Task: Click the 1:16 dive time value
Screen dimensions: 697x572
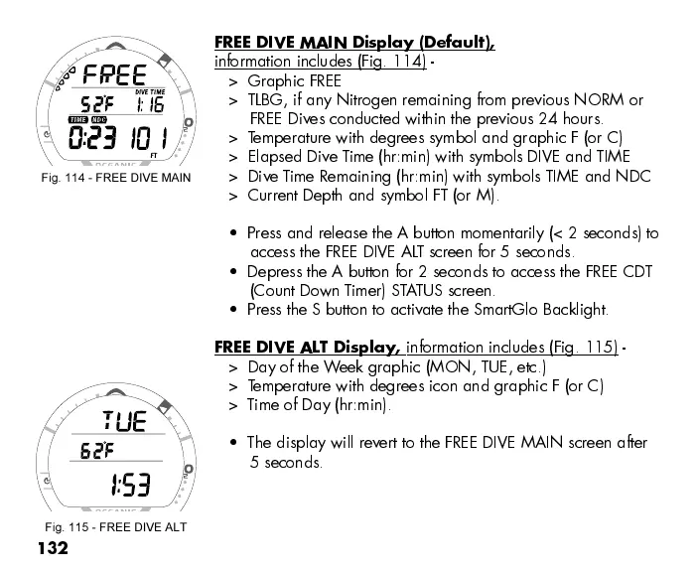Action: (150, 105)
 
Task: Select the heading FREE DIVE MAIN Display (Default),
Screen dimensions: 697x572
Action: (354, 43)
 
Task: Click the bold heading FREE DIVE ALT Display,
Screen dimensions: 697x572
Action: (308, 347)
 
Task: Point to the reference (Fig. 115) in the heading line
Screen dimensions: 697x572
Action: (583, 348)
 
